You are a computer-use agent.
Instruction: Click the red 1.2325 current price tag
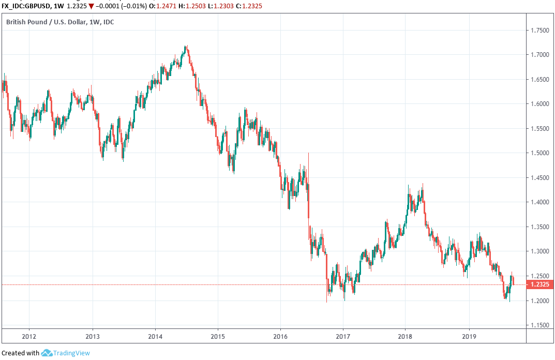coord(540,284)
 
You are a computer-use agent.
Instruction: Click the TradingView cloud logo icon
coord(47,353)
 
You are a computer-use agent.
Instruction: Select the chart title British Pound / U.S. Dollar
coord(43,22)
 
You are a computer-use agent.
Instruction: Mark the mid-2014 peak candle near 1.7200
coord(186,48)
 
